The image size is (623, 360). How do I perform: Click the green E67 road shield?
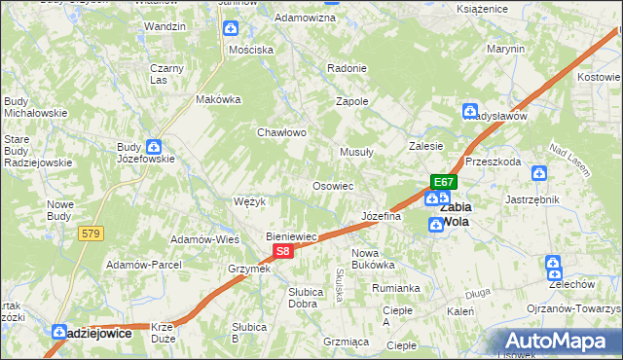click(444, 182)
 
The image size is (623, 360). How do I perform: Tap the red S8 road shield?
click(281, 251)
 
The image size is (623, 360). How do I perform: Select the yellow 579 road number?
click(92, 234)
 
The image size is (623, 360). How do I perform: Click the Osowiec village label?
click(332, 185)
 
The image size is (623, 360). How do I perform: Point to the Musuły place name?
click(356, 152)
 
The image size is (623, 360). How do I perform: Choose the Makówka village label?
click(218, 99)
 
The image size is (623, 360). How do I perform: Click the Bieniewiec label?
click(293, 236)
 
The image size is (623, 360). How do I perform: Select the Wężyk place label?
click(250, 201)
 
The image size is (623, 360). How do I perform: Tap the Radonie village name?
click(348, 68)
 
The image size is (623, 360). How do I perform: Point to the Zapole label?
click(351, 101)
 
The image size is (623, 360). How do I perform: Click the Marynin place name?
click(506, 49)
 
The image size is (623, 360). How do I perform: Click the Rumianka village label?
click(395, 288)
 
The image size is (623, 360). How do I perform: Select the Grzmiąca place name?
click(346, 342)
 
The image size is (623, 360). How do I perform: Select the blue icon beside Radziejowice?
click(58, 332)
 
